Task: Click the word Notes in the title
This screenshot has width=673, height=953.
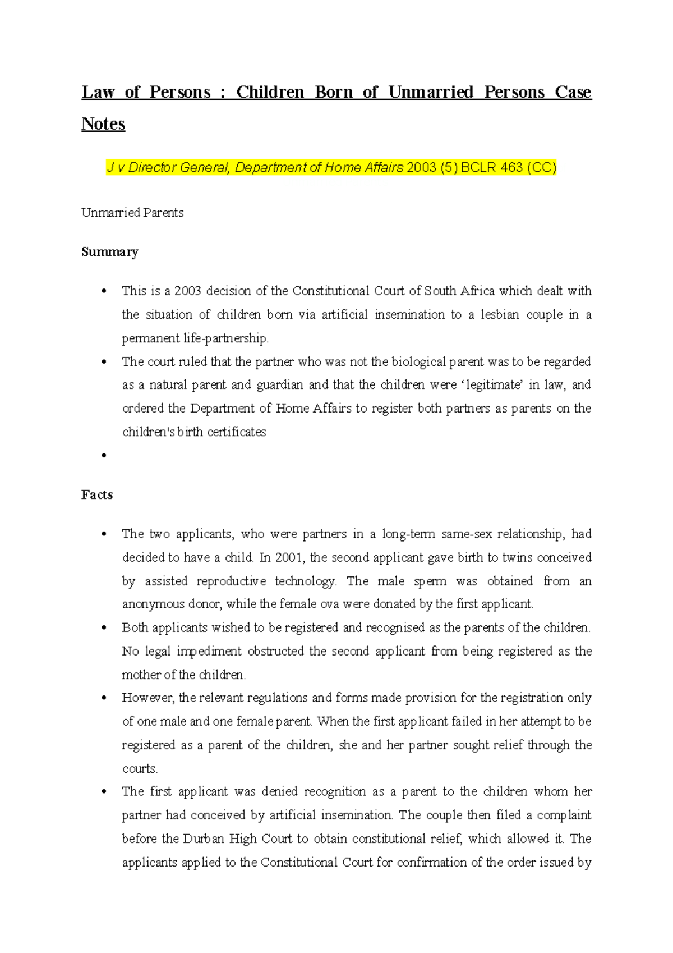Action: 103,123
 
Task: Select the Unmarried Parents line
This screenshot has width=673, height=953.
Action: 132,213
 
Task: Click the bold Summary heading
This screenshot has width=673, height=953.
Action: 109,251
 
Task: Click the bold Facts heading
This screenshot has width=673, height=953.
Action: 97,494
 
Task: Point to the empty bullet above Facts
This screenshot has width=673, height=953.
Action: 104,456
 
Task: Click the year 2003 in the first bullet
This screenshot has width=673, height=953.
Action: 187,291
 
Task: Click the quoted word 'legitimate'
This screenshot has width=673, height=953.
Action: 492,384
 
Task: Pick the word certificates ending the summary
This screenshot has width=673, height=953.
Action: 237,432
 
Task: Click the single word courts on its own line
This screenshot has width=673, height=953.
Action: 140,768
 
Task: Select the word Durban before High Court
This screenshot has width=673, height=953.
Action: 204,839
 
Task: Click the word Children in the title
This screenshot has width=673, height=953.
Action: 270,92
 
